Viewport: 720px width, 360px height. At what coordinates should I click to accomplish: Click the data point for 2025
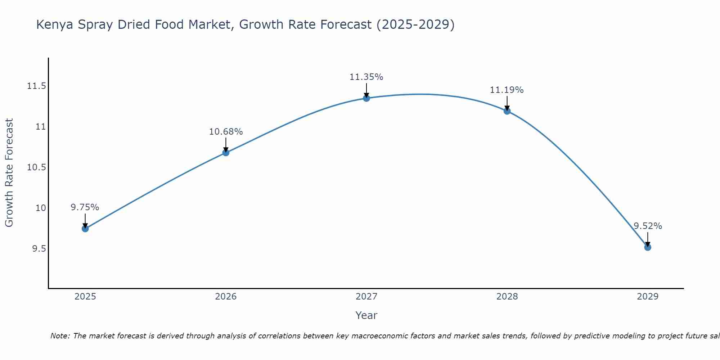pos(85,229)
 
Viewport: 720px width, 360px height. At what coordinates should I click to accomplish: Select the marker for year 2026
pos(226,153)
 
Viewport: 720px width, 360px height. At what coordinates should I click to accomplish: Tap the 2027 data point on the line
pos(366,98)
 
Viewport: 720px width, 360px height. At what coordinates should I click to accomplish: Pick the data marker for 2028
pos(507,111)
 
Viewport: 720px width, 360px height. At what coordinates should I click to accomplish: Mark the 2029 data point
pos(648,247)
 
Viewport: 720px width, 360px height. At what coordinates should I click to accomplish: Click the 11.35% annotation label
pos(366,77)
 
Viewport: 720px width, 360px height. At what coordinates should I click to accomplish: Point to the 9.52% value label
pos(648,226)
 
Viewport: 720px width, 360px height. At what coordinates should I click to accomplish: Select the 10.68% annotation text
pos(226,132)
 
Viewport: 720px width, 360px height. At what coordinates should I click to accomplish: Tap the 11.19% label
pos(507,90)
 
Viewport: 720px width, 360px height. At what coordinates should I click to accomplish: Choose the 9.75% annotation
pos(85,207)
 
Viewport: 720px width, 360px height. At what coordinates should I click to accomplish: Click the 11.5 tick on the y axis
pos(36,86)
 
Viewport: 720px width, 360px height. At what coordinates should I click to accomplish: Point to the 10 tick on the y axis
pos(41,208)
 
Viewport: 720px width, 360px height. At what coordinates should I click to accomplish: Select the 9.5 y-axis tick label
pos(39,249)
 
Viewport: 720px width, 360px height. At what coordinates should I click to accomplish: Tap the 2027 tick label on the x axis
pos(366,297)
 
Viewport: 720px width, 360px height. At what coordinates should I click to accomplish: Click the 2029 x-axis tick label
pos(648,297)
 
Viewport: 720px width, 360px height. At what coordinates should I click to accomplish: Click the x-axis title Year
pos(366,315)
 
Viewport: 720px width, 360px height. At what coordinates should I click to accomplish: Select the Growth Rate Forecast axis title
pos(9,173)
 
